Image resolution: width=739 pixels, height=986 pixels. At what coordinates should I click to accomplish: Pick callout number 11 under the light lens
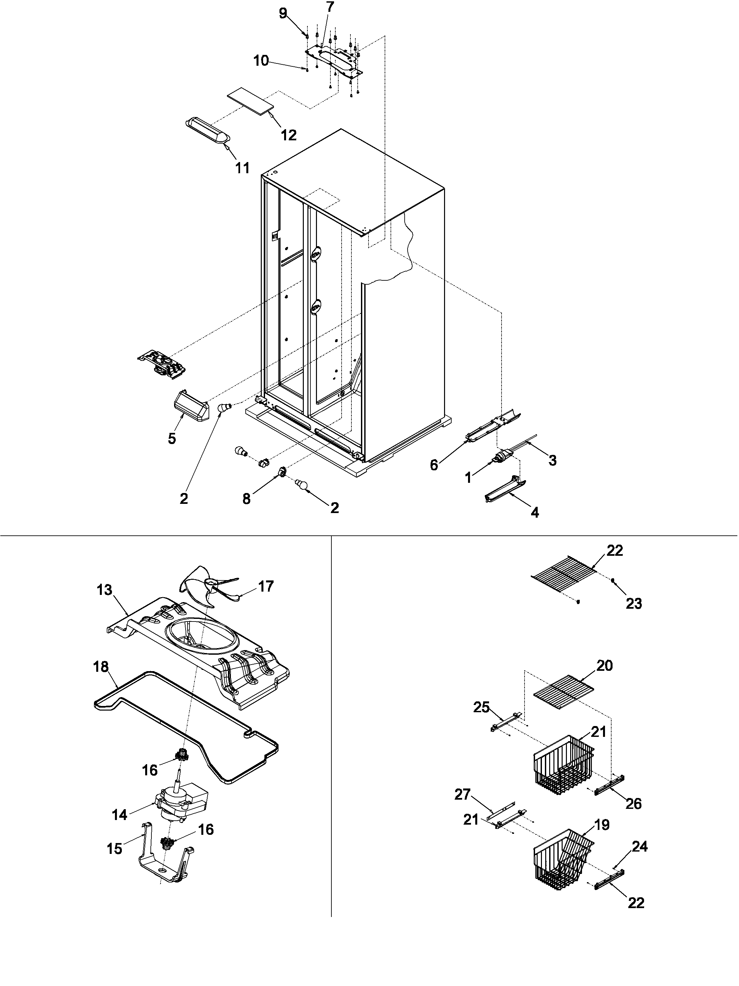(x=242, y=168)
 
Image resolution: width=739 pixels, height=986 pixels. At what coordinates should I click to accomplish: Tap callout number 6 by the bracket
(x=434, y=465)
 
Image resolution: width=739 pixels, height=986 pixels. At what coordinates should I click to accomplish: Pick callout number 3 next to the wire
(x=552, y=460)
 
